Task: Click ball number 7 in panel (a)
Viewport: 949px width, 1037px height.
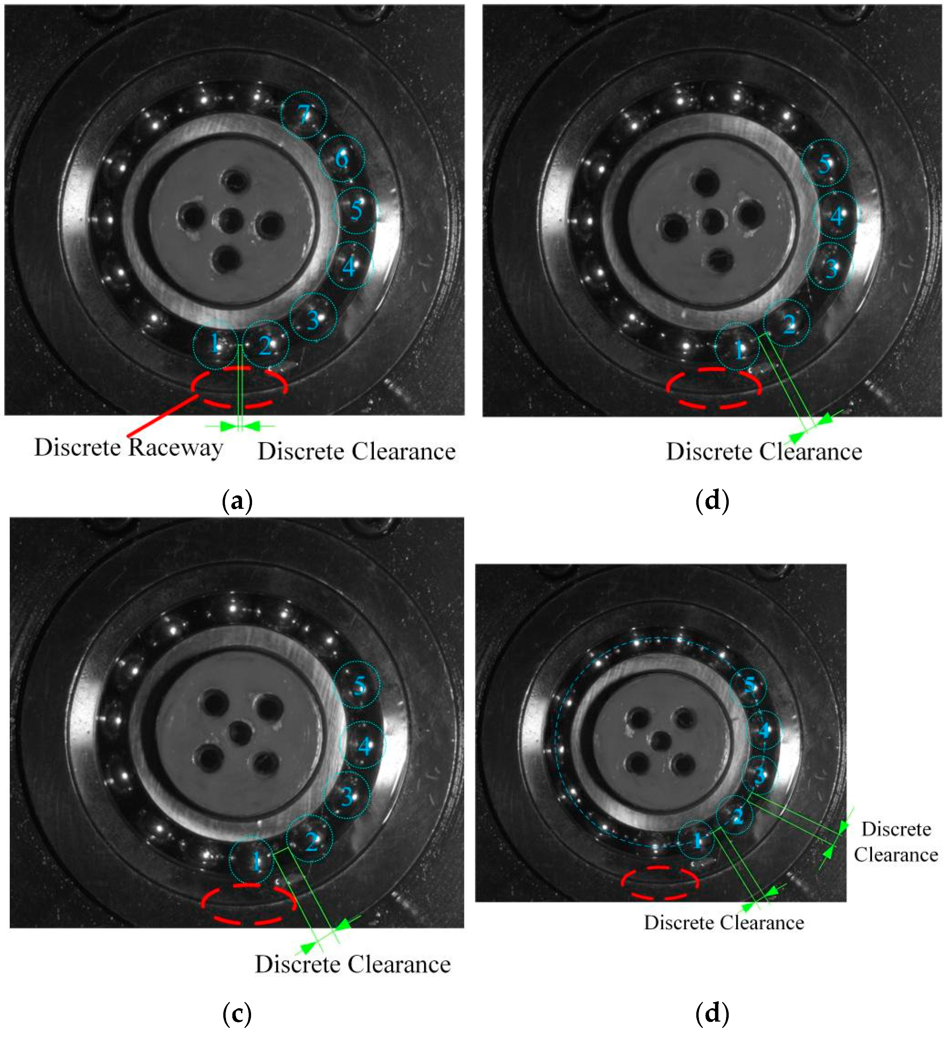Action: pos(304,115)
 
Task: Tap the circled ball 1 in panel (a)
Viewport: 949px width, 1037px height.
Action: pos(215,344)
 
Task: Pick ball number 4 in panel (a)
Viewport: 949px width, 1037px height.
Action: pos(349,266)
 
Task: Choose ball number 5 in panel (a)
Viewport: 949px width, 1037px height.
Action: pos(355,210)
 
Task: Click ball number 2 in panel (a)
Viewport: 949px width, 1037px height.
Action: pos(265,344)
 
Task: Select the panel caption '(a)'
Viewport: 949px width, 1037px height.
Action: pos(237,500)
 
